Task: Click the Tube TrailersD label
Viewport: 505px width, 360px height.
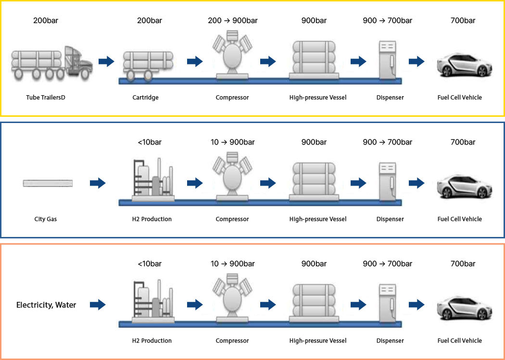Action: pos(46,97)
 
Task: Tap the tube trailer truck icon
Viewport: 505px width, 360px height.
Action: pos(52,62)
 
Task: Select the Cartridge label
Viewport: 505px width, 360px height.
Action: pos(145,97)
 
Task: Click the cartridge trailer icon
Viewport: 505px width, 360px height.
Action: pos(148,66)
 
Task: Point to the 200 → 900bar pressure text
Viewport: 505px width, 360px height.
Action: pos(232,21)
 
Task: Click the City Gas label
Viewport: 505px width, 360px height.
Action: pos(45,219)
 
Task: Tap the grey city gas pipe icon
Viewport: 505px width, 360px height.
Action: pos(48,183)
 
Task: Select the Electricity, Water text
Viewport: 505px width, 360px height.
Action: pos(46,305)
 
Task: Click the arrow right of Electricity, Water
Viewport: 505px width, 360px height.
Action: pos(98,304)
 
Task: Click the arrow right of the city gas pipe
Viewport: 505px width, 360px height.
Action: pos(98,183)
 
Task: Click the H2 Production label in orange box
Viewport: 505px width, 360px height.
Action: pos(151,340)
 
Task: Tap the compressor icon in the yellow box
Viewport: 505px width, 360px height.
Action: pos(232,55)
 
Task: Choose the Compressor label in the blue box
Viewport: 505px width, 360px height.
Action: pos(232,219)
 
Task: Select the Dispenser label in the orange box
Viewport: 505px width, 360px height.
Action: pos(390,340)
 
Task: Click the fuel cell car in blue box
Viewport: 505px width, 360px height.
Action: pos(464,186)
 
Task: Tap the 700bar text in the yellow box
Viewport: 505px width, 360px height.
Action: pos(463,21)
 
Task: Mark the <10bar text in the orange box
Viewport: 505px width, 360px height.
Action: pos(150,264)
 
